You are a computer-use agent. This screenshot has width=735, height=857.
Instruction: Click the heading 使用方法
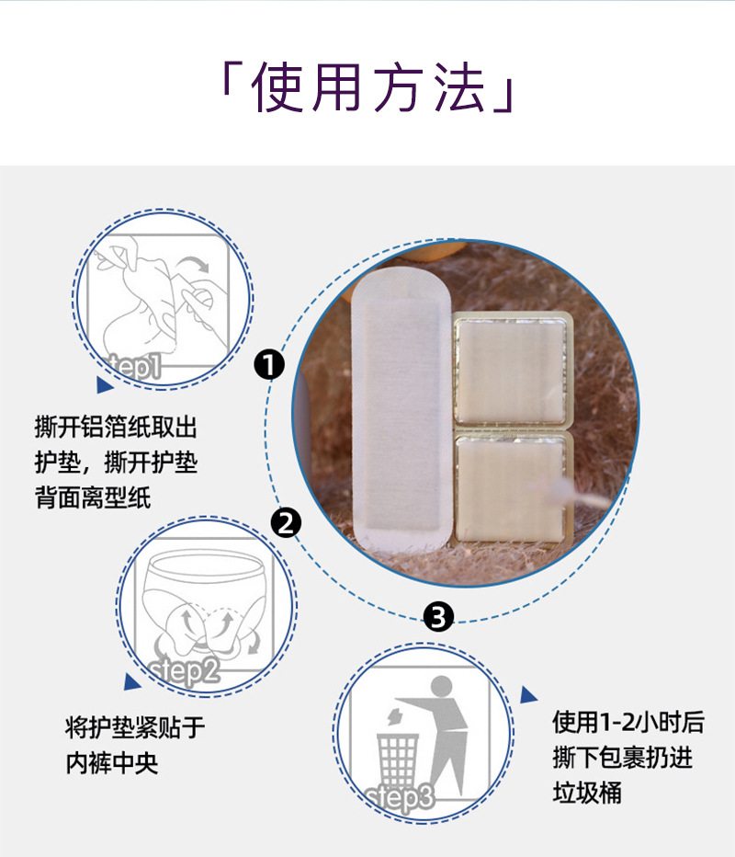point(367,87)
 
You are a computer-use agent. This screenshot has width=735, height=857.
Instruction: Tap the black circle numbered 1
point(269,364)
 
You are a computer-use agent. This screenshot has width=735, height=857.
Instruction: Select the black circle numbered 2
point(286,523)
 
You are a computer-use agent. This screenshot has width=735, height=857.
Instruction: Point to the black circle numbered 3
point(438,616)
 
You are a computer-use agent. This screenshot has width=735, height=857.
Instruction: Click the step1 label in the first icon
point(135,365)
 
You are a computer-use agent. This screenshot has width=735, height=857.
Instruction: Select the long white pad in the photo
point(401,409)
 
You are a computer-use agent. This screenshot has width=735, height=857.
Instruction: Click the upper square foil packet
point(512,370)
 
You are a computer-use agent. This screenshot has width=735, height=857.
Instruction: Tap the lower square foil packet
point(512,486)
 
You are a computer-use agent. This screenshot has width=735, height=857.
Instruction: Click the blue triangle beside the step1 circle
point(105,384)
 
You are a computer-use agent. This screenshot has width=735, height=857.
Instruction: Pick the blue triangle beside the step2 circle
point(131,682)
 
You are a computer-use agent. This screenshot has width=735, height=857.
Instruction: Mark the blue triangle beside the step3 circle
point(528,694)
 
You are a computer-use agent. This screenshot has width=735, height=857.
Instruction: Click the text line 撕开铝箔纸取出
point(116,427)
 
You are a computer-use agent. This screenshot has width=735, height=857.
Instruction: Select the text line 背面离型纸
point(93,497)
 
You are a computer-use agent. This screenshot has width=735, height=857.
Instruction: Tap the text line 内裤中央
point(112,763)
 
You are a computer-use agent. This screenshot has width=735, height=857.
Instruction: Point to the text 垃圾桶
point(587,792)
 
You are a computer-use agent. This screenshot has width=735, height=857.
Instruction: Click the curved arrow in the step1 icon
point(195,262)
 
